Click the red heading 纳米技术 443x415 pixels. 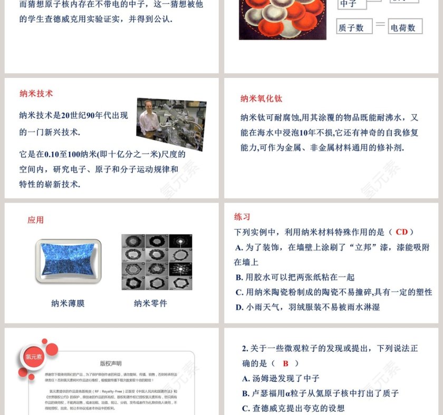pos(36,94)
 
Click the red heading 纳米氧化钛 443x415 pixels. pos(261,98)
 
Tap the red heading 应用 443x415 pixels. pos(35,220)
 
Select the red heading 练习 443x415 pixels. pos(242,217)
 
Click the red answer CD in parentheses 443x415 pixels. pos(401,232)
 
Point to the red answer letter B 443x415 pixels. pos(286,363)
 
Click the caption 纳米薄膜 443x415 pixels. pos(68,303)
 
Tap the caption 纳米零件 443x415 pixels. pos(150,303)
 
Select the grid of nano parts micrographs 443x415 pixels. pos(157,262)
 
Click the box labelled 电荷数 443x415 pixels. pos(405,27)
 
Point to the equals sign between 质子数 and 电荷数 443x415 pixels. pos(380,25)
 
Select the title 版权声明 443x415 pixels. pos(111,363)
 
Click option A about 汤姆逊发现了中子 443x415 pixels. pos(281,379)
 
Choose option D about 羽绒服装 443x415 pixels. pos(307,307)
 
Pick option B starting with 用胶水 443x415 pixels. pos(295,277)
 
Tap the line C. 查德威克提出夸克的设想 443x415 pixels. pos(293,408)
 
